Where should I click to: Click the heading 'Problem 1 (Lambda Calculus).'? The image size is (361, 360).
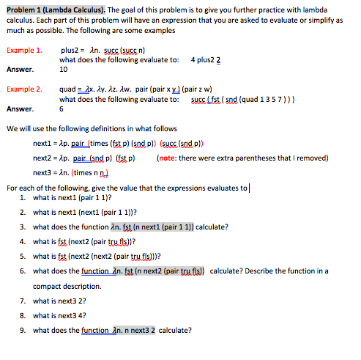tap(56, 8)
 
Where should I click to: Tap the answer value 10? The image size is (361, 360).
tap(64, 70)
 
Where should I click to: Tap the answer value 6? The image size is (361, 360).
tap(62, 108)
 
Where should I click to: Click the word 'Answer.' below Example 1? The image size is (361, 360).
tap(21, 70)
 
